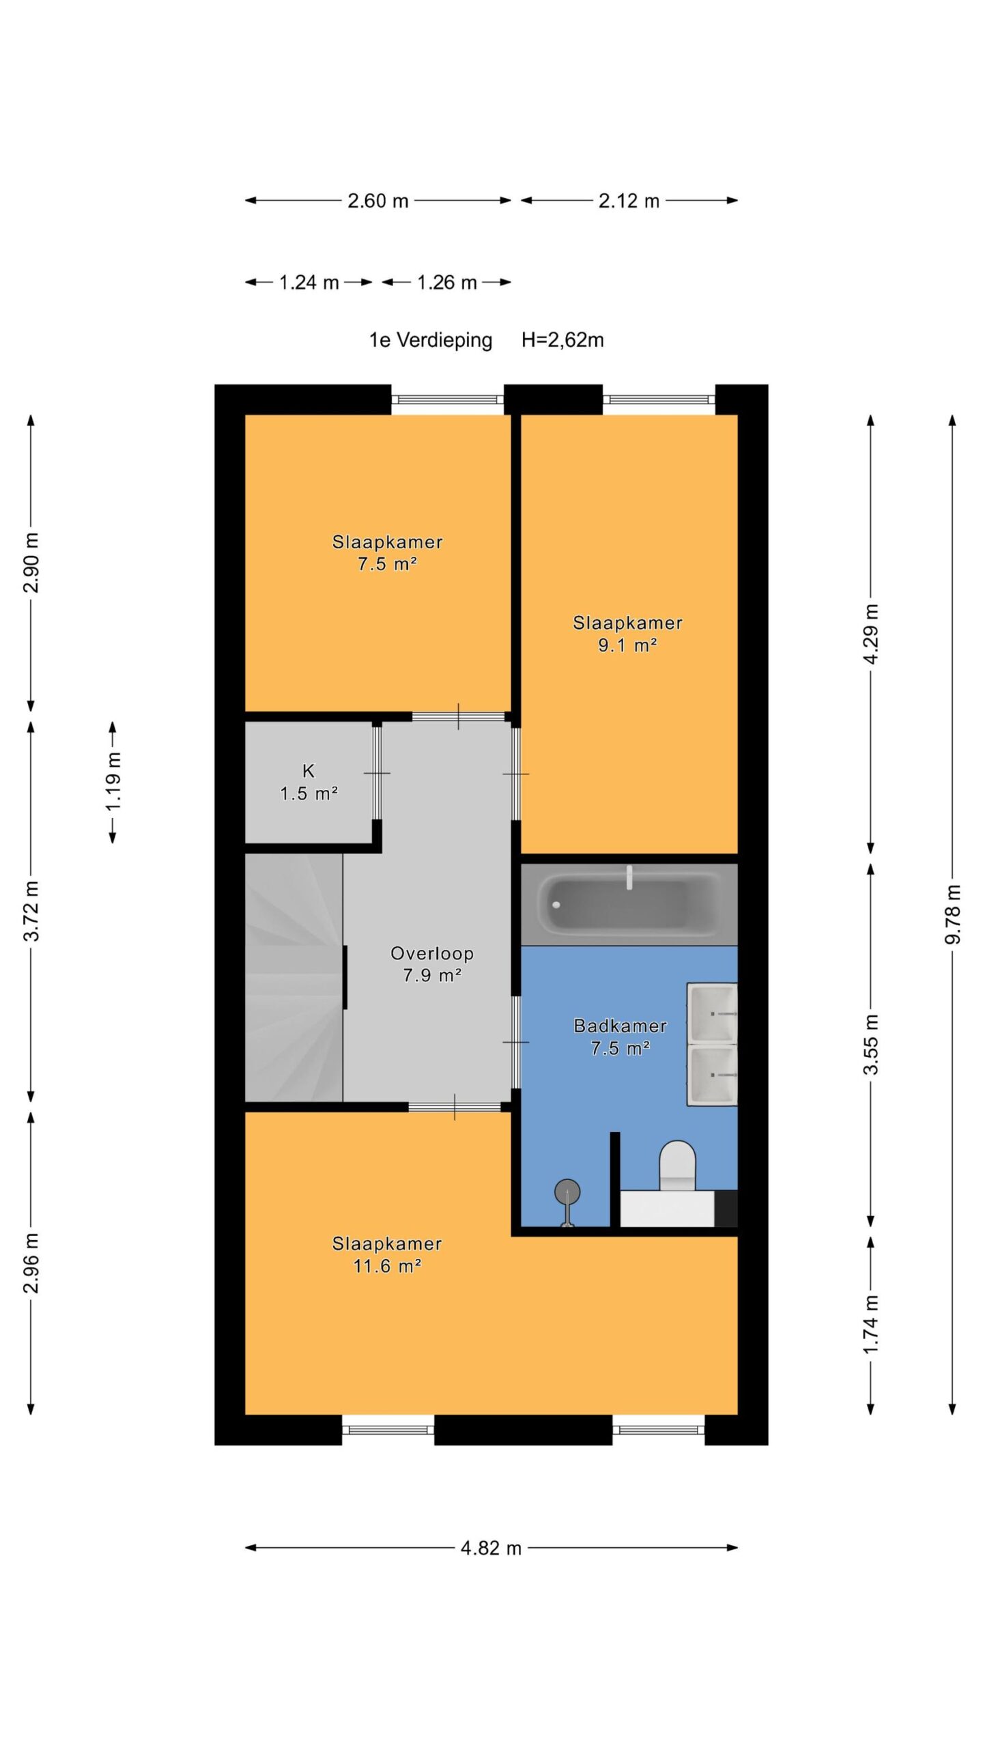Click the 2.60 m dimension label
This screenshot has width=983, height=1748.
click(x=377, y=201)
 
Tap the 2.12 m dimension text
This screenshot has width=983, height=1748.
click(x=629, y=201)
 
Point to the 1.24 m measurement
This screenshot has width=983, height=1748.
click(x=309, y=283)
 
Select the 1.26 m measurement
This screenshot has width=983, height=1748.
click(x=446, y=283)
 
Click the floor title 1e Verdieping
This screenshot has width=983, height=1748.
click(x=431, y=340)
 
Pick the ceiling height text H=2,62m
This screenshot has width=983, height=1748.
click(x=562, y=340)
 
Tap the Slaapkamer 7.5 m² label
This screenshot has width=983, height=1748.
click(x=387, y=553)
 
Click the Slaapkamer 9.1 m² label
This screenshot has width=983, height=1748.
click(x=627, y=634)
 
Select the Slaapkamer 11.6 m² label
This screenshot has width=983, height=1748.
click(x=387, y=1255)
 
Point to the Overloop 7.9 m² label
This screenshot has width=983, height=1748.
click(x=432, y=964)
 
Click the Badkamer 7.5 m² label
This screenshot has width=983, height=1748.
click(x=620, y=1037)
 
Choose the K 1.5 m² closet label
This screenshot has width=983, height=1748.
click(x=309, y=783)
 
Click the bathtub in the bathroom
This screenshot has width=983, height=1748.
click(x=629, y=905)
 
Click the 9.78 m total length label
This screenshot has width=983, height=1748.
click(x=953, y=914)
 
